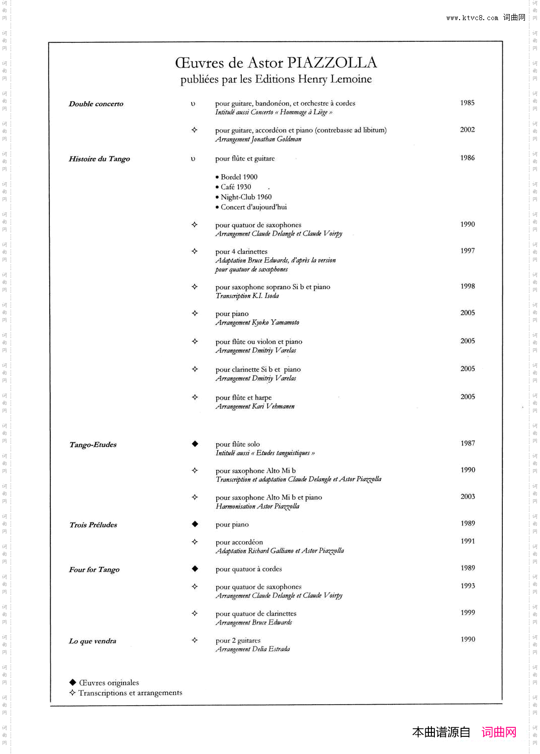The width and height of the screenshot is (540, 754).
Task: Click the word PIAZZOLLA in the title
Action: [x=332, y=63]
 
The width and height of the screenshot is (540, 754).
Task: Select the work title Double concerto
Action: [x=96, y=104]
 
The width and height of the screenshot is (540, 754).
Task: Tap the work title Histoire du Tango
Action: [x=100, y=159]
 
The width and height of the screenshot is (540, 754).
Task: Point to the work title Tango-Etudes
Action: [x=93, y=445]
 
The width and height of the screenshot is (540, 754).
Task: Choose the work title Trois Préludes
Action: [x=93, y=525]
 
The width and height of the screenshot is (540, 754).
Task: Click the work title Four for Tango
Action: [x=94, y=570]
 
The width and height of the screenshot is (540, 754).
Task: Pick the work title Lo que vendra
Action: [x=93, y=641]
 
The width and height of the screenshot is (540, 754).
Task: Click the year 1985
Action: [x=467, y=103]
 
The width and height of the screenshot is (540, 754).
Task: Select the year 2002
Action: [x=467, y=130]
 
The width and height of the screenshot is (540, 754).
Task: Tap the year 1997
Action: [x=467, y=251]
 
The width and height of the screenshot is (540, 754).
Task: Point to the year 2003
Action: [x=468, y=497]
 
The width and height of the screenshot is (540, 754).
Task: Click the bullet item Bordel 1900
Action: [x=239, y=177]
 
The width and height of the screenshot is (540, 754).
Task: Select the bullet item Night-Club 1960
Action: [x=246, y=197]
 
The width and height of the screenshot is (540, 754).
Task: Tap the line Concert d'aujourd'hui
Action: [x=253, y=207]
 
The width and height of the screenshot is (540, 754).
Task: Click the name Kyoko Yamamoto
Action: [x=276, y=323]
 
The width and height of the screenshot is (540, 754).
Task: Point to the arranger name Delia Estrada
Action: [x=272, y=649]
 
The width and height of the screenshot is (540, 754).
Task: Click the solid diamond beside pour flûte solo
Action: [x=195, y=444]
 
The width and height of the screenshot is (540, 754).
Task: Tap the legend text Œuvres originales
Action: [x=109, y=683]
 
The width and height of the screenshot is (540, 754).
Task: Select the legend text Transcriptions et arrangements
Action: [x=130, y=693]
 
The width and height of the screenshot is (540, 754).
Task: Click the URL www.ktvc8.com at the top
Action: [x=472, y=18]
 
